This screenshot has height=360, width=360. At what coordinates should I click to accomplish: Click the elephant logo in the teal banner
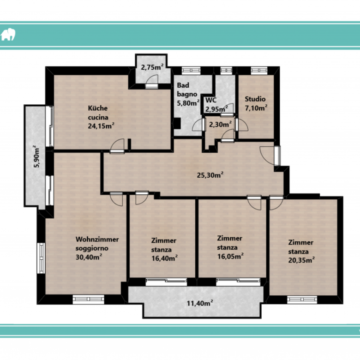(x=8, y=35)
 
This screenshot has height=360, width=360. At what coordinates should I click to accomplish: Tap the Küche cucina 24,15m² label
(x=101, y=117)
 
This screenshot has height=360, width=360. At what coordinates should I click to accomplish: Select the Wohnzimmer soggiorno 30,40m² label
(x=97, y=248)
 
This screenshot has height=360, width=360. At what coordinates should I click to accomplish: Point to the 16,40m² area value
(x=164, y=258)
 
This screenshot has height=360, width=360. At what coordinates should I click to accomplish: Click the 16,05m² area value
(x=230, y=256)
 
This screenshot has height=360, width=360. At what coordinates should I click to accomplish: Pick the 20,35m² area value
(x=301, y=260)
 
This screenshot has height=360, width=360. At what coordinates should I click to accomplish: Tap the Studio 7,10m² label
(x=256, y=103)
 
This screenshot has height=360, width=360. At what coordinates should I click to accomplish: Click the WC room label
(x=211, y=100)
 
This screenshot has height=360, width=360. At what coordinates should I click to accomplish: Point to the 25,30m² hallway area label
(x=210, y=175)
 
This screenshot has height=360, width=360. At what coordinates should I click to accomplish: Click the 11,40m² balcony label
(x=200, y=303)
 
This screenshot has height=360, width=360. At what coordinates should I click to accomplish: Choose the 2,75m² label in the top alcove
(x=152, y=67)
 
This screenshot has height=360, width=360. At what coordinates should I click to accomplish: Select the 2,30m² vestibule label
(x=220, y=124)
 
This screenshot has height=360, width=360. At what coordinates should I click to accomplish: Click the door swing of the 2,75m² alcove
(x=152, y=81)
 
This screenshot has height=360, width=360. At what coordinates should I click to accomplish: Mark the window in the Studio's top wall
(x=259, y=71)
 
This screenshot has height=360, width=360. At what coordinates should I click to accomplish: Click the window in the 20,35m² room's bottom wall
(x=302, y=300)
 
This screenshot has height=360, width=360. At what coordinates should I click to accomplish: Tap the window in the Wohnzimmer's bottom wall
(x=89, y=299)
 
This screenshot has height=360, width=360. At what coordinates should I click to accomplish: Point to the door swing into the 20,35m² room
(x=276, y=203)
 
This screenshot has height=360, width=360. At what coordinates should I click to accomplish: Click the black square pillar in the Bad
(x=177, y=123)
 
